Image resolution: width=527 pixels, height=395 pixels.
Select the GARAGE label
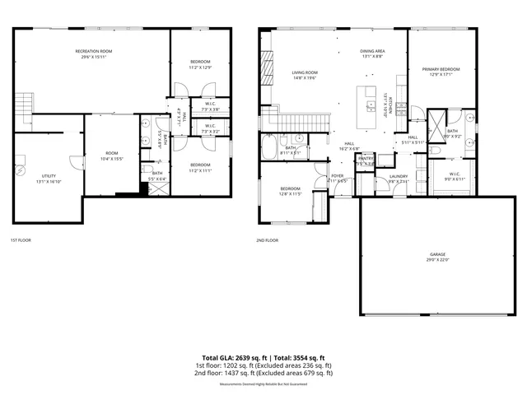[x=436, y=258]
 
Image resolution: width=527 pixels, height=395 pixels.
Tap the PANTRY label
[x=366, y=160]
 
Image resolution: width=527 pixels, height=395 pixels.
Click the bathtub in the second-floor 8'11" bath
[x=269, y=148]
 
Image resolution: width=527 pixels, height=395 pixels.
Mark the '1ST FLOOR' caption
[x=21, y=240]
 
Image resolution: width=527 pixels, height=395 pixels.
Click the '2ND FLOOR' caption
[x=268, y=240]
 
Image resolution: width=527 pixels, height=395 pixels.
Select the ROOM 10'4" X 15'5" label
[x=111, y=156]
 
